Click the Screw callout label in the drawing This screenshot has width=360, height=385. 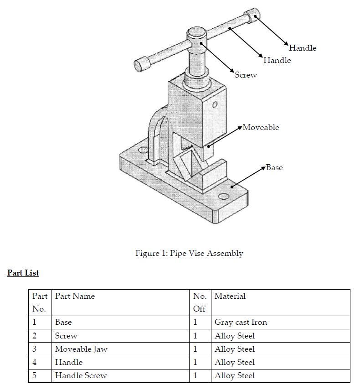point(246,75)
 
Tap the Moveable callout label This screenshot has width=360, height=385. point(260,127)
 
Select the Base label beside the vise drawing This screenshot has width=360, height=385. point(274,167)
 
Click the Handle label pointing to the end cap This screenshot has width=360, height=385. point(302,48)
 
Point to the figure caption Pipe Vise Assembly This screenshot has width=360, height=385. point(189,253)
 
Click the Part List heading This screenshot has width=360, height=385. point(23,273)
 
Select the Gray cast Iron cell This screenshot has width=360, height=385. point(241,322)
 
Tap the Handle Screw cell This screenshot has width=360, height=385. point(81,375)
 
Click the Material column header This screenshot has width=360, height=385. point(230,296)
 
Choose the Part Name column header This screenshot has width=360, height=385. point(75,296)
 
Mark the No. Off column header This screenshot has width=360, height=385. point(200,302)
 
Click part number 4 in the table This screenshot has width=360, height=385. point(35,362)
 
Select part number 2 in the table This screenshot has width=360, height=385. point(35,336)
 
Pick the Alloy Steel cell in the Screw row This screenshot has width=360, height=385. point(234,336)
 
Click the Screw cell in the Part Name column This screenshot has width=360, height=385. point(66,336)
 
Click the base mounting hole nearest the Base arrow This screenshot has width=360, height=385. point(223,197)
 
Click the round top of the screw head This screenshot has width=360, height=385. point(196,32)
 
